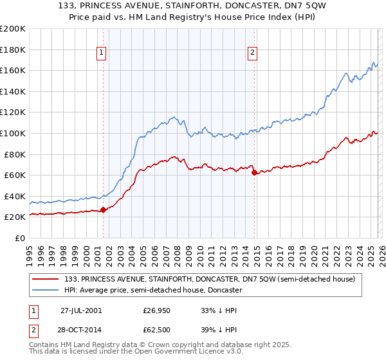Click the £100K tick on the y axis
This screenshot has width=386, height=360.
(13, 133)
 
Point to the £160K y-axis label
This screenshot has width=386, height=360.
(13, 70)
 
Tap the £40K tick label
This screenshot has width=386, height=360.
(15, 196)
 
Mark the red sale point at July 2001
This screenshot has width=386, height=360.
(104, 209)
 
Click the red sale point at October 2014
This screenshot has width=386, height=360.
(254, 172)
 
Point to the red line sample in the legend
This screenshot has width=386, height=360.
(46, 279)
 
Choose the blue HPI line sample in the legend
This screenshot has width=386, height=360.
(46, 290)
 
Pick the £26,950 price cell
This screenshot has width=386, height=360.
(158, 310)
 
